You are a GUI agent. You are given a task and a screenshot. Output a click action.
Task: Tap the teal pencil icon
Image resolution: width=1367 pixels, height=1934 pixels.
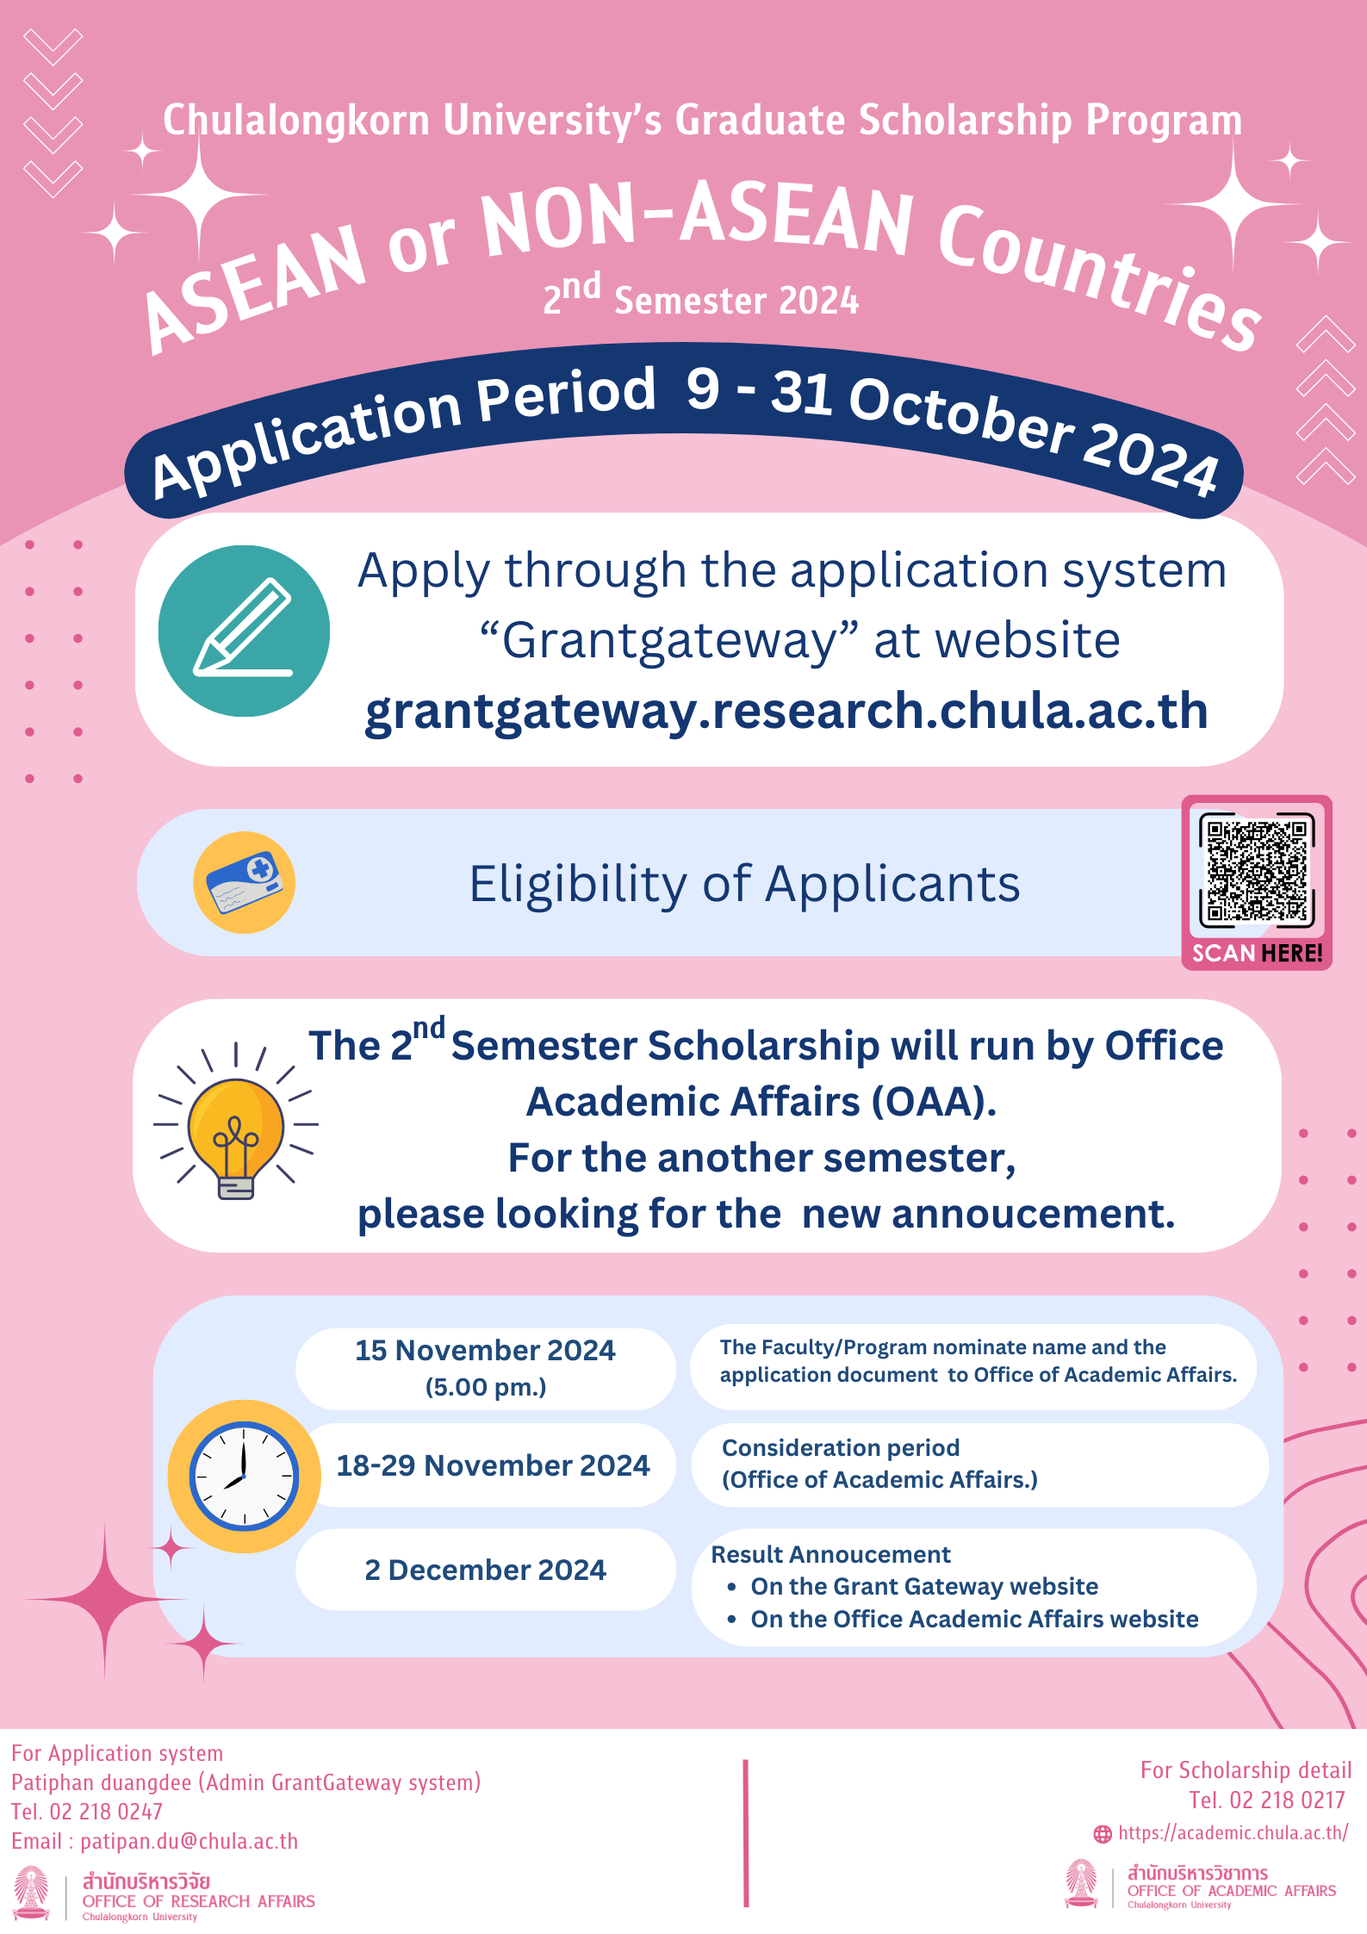click(x=244, y=631)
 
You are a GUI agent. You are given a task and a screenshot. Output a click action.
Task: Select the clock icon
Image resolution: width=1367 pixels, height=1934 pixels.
click(x=244, y=1476)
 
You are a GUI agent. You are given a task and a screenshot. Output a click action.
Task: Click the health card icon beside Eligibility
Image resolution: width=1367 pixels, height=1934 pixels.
click(x=245, y=882)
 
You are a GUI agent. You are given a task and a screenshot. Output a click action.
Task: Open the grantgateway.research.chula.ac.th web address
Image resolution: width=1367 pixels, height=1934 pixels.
click(x=786, y=711)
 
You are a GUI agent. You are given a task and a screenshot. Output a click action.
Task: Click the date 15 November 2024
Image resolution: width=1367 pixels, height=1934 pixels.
click(x=485, y=1351)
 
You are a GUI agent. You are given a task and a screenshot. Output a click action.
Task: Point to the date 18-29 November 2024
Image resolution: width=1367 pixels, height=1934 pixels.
click(x=493, y=1465)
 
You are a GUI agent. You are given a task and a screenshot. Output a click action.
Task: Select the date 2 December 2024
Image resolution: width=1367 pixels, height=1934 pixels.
click(x=485, y=1570)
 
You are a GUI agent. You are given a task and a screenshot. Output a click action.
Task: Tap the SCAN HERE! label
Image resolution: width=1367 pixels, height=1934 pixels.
click(x=1257, y=953)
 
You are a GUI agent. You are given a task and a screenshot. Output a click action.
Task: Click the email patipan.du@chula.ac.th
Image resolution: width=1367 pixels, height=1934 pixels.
click(x=189, y=1841)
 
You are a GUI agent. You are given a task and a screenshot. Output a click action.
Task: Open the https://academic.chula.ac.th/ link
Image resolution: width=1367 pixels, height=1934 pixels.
click(x=1233, y=1832)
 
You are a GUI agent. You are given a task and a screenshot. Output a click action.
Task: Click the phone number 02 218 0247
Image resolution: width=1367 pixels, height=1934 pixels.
click(x=106, y=1812)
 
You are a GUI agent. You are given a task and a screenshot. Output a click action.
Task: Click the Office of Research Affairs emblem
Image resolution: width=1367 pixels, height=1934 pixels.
click(x=32, y=1893)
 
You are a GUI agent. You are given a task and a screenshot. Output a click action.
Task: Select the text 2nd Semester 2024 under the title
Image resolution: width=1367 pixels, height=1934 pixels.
click(x=701, y=297)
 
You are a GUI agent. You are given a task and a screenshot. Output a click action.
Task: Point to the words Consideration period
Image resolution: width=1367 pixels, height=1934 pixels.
click(x=840, y=1448)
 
